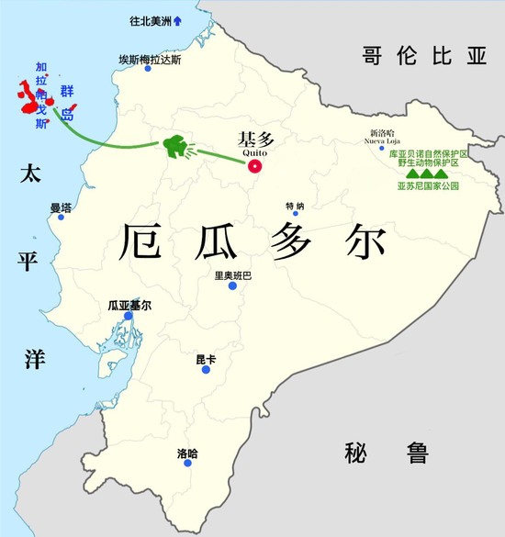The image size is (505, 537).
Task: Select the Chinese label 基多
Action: tap(256, 140)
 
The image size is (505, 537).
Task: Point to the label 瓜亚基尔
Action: tap(129, 305)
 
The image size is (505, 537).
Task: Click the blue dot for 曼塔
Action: tap(62, 217)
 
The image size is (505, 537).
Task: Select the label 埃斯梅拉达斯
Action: tap(151, 60)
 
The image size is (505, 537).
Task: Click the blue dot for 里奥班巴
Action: tap(233, 285)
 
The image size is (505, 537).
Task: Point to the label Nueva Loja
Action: tap(383, 140)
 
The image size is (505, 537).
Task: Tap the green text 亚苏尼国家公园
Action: tap(428, 185)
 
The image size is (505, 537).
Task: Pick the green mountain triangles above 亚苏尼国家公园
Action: tap(423, 172)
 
